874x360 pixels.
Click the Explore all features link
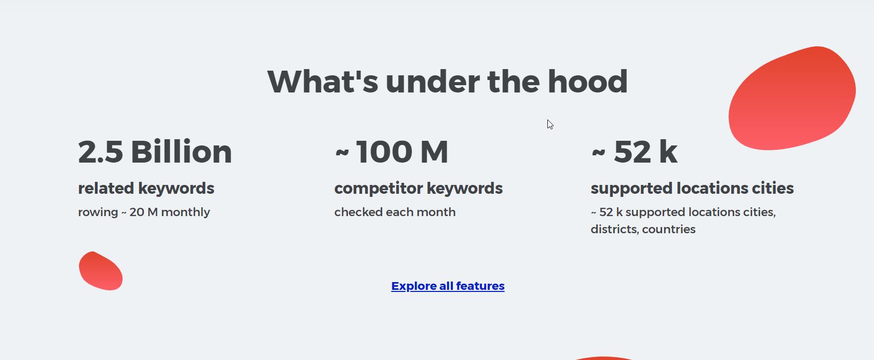point(448,286)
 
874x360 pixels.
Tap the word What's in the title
point(322,82)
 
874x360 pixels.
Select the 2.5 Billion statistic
point(155,152)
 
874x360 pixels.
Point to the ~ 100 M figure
point(392,152)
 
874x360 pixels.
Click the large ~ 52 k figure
point(634,152)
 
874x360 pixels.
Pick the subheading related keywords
point(146,188)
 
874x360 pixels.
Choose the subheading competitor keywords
point(418,188)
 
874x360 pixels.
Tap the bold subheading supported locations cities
point(692,188)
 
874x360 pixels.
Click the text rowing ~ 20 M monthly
point(144,212)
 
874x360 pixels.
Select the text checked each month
point(395,212)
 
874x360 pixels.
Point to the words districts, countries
point(643,229)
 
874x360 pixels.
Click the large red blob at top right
point(792,99)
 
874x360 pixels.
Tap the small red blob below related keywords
point(100,271)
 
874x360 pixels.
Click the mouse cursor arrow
point(549,124)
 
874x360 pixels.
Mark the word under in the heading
point(432,82)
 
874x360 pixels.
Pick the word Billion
point(181,152)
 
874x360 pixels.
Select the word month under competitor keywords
point(439,212)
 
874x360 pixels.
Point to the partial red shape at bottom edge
point(603,358)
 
